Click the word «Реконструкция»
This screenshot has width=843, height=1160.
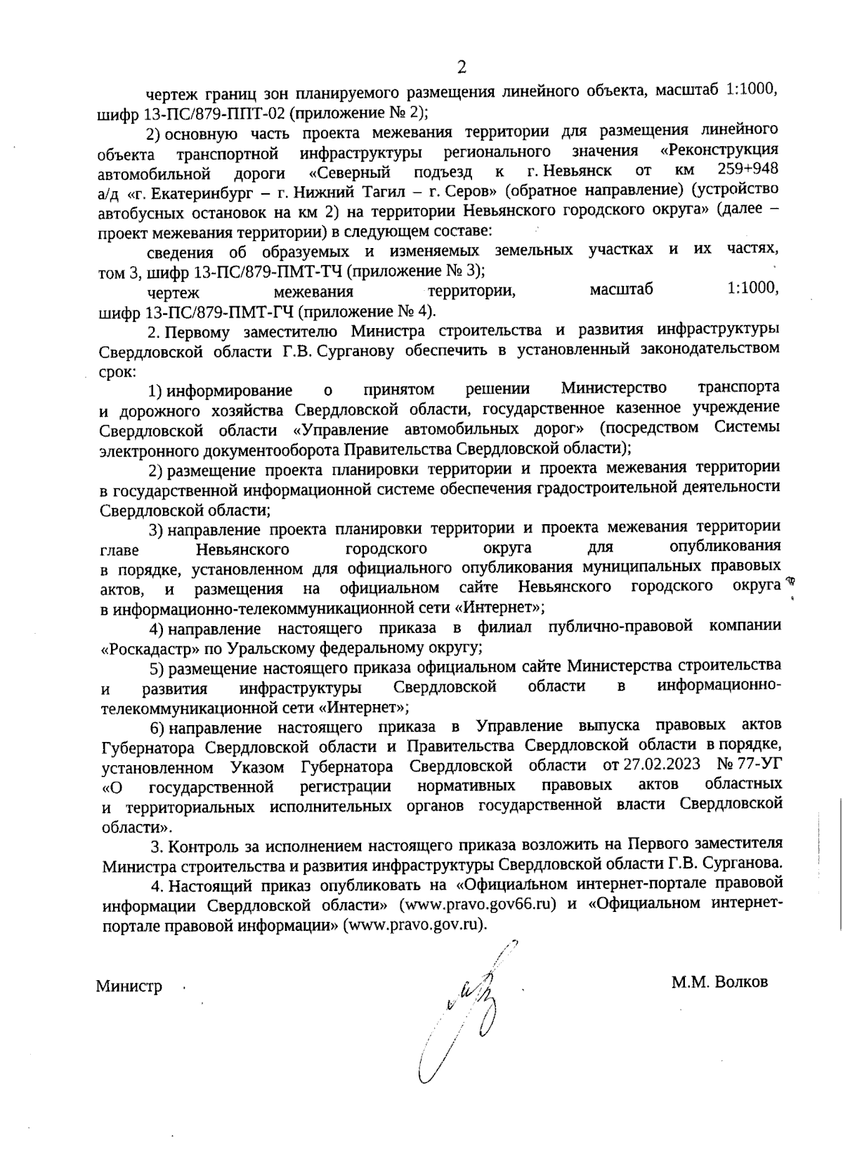click(x=719, y=150)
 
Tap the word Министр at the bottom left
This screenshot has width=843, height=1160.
click(x=129, y=986)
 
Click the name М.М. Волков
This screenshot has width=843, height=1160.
click(x=719, y=982)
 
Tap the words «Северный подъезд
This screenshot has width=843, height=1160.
click(x=391, y=171)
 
